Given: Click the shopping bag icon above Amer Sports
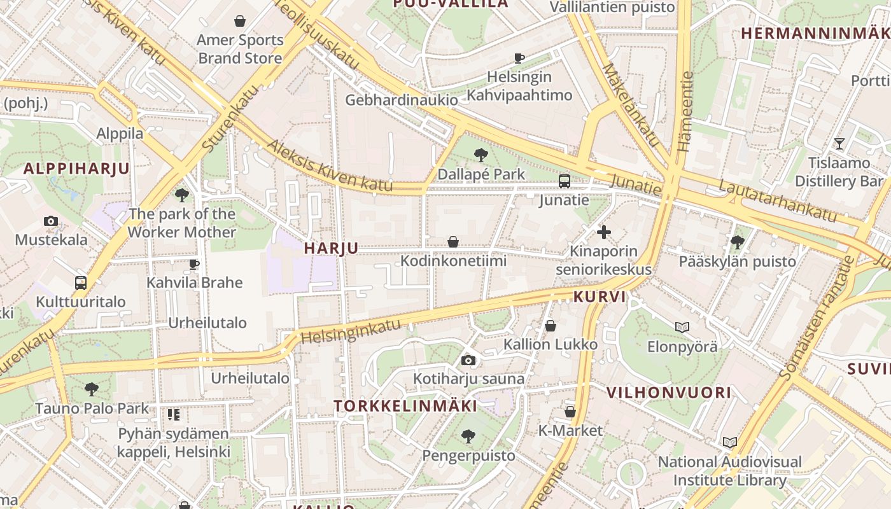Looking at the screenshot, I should tap(240, 21).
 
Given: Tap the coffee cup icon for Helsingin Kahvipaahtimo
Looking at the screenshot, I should tap(519, 58).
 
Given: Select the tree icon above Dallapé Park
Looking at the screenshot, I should tap(481, 155).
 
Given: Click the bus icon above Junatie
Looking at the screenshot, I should tap(564, 181).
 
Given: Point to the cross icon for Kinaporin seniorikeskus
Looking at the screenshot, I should tap(603, 232).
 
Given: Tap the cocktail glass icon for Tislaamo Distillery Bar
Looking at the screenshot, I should tap(839, 144).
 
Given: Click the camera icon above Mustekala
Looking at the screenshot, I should tap(51, 221).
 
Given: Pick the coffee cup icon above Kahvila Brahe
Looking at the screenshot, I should tap(194, 263).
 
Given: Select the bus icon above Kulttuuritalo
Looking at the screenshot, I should tap(81, 283).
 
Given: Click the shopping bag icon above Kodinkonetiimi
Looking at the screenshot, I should tap(453, 242).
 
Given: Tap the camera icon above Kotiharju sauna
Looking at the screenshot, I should tap(468, 361).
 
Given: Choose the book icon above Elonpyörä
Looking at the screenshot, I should tap(682, 328).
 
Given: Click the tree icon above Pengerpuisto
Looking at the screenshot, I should tap(468, 436).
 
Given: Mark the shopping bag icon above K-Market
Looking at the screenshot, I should tap(570, 412).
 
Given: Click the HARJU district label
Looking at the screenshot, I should tap(331, 248).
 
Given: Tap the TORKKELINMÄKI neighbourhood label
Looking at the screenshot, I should tap(405, 406).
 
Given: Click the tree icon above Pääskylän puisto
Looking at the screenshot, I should tap(738, 242).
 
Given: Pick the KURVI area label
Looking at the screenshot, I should tap(600, 296).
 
